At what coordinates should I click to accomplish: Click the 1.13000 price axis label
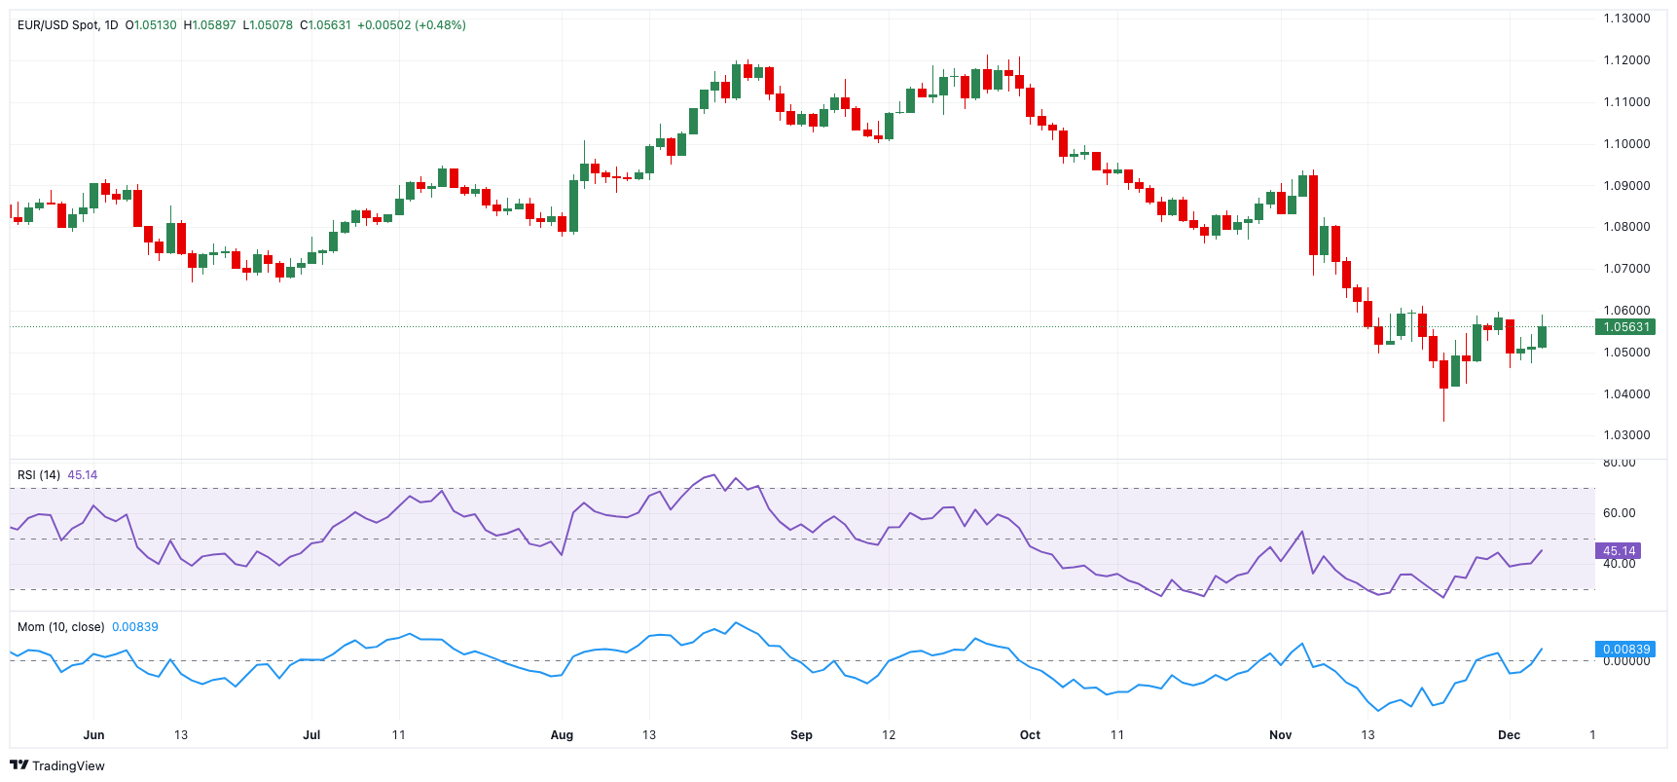click(1626, 19)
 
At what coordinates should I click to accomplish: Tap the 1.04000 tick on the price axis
click(1626, 394)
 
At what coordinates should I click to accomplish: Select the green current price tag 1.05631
click(1626, 327)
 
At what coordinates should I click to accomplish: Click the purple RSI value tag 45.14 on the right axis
click(1619, 551)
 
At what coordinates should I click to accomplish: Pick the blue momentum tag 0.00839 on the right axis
click(1626, 650)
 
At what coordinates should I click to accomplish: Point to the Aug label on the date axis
click(562, 735)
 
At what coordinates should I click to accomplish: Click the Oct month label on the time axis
click(1030, 735)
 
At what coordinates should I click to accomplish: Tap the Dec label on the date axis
click(1509, 735)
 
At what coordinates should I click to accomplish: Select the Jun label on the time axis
click(93, 735)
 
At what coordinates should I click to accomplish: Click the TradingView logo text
click(67, 766)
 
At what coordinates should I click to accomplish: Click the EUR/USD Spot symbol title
click(58, 25)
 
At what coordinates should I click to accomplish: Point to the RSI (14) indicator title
click(39, 475)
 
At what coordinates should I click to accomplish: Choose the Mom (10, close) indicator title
click(60, 627)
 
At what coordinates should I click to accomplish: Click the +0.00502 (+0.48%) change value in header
click(411, 25)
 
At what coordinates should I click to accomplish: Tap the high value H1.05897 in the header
click(209, 25)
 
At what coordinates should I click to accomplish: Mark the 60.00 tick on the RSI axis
click(1620, 513)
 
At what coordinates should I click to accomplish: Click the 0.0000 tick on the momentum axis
click(1626, 661)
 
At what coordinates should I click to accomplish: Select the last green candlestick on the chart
click(1542, 337)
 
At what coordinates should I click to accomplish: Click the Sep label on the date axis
click(801, 735)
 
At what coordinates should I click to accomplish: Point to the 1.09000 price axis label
click(1626, 186)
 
